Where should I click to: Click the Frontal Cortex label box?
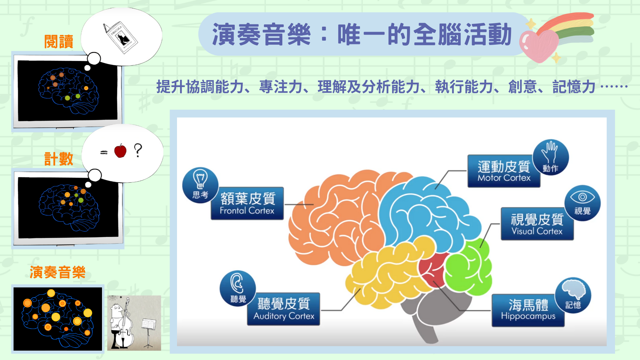pos(247,203)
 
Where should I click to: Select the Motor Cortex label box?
pos(504,171)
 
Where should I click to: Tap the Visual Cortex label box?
pos(537,224)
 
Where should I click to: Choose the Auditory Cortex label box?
pos(283,309)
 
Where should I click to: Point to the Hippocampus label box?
pos(528,310)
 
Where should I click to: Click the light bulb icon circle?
pos(200,185)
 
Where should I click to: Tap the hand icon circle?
pos(551,157)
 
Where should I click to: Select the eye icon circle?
pos(582,203)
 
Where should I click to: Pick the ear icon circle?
pos(238,288)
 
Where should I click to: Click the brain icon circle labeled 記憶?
pos(573,295)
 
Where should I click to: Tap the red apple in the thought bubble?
pos(120,151)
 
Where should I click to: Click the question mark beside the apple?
pos(138,150)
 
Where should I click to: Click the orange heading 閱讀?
pos(59,42)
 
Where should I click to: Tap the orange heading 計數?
pos(59,159)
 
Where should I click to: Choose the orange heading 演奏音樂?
pos(58,272)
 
